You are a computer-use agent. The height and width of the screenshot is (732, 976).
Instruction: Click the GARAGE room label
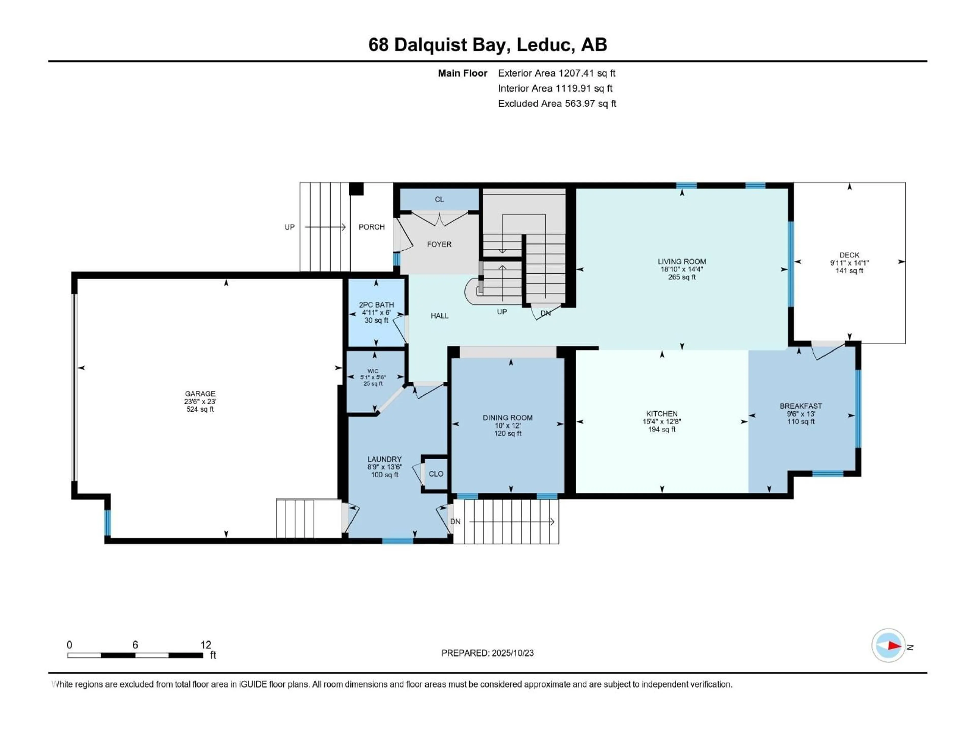click(200, 393)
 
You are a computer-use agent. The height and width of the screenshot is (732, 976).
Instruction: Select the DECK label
click(849, 255)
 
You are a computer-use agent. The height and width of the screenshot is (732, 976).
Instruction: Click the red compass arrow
click(894, 646)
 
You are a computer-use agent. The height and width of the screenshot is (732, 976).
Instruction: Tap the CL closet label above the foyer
click(439, 200)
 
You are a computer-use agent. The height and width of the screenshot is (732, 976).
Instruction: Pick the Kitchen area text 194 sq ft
click(661, 429)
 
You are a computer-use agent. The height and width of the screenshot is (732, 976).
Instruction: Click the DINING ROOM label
click(507, 417)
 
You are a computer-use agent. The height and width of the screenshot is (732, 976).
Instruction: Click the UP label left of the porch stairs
click(289, 227)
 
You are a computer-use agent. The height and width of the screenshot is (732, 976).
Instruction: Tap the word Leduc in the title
click(545, 44)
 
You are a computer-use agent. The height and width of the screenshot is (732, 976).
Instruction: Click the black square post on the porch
click(356, 189)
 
